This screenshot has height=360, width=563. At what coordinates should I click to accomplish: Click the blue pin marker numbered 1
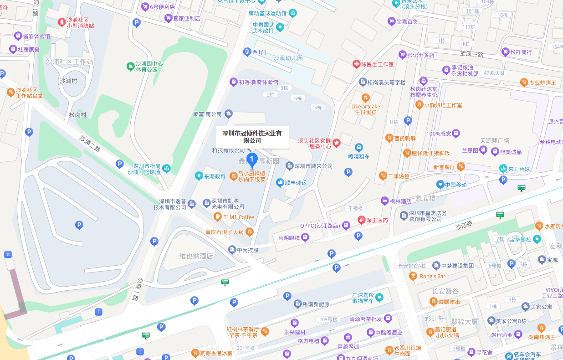251,160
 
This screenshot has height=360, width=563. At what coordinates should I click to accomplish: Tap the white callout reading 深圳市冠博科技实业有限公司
252,137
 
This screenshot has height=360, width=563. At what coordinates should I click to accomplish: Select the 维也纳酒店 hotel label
196,256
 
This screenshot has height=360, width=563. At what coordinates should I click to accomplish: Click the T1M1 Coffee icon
218,217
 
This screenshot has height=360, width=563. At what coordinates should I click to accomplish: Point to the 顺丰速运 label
296,183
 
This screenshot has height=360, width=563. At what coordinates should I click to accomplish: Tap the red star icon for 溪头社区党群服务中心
337,143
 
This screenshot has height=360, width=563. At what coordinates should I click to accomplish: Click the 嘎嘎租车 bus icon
359,148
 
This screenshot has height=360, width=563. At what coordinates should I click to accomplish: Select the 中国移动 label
456,185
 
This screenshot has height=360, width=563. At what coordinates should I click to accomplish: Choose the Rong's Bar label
432,276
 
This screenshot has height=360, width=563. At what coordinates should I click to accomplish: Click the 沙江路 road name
464,225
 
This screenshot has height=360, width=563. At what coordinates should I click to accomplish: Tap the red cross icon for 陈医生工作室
356,65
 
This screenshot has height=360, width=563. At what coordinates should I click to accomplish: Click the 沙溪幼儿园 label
288,58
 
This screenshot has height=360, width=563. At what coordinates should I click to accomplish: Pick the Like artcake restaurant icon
365,98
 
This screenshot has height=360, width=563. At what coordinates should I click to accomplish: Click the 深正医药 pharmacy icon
362,220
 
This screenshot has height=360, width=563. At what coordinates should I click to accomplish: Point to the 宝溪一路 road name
471,54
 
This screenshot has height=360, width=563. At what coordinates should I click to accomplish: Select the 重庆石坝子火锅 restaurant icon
249,232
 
